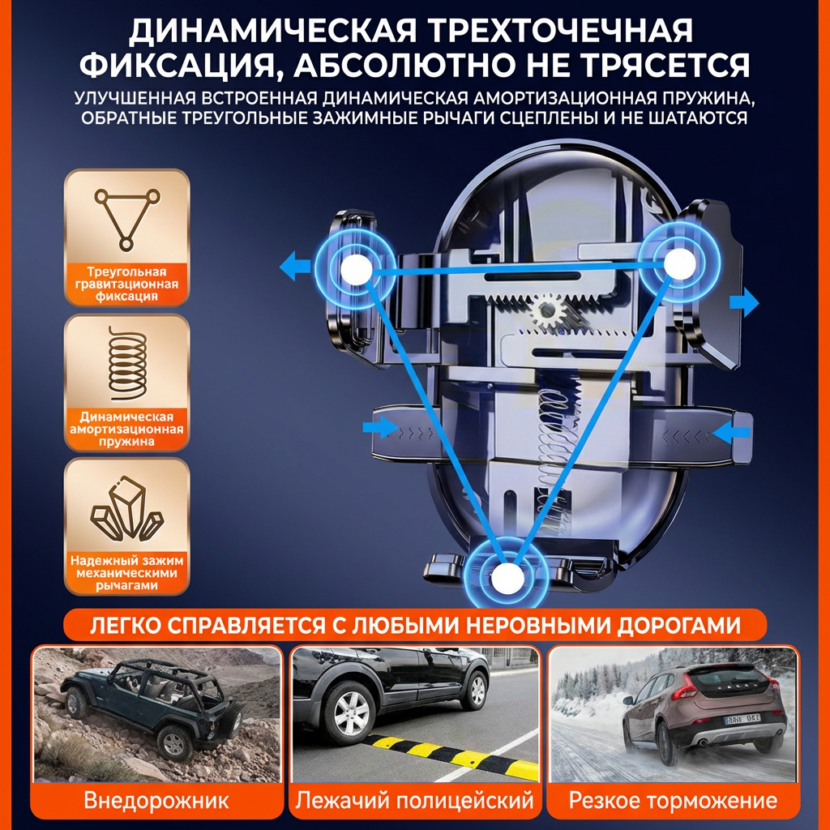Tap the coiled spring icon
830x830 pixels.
pyautogui.click(x=127, y=364)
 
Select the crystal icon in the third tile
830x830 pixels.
pyautogui.click(x=127, y=507)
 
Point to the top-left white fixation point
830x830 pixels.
pyautogui.click(x=356, y=269)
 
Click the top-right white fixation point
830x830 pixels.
pyautogui.click(x=679, y=263)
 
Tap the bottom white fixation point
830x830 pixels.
pyautogui.click(x=507, y=577)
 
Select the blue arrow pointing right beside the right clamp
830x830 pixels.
pyautogui.click(x=744, y=303)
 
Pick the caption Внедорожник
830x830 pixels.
pyautogui.click(x=156, y=800)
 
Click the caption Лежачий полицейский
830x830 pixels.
pyautogui.click(x=414, y=800)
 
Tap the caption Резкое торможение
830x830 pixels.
pyautogui.click(x=673, y=800)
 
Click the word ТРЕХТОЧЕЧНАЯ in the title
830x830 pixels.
pyautogui.click(x=559, y=31)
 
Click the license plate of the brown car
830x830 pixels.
pyautogui.click(x=742, y=719)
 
